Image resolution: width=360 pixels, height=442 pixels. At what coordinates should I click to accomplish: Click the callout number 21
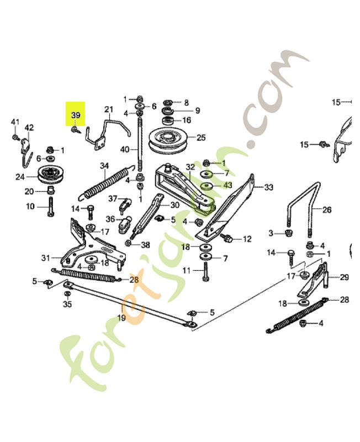pos(108,109)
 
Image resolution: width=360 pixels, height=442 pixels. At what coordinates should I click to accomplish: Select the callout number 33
pos(268,187)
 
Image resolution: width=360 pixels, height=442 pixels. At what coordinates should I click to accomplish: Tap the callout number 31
pos(46,258)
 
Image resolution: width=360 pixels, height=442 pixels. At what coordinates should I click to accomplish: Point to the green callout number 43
pos(227,186)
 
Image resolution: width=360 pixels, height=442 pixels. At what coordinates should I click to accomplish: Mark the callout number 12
pos(247,239)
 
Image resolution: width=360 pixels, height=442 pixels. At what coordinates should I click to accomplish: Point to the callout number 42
pos(29,128)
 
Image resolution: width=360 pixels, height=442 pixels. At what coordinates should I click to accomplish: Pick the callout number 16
pos(187,120)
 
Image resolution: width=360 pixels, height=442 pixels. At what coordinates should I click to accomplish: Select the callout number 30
pos(174,204)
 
